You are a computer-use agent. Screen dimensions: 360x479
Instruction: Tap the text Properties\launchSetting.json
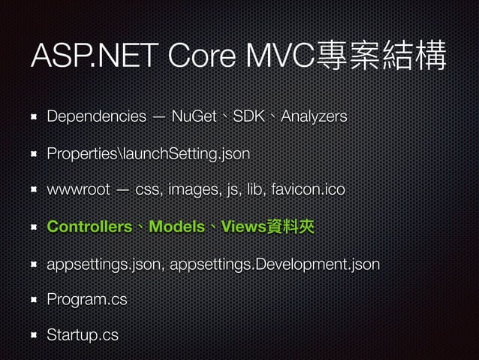tap(148, 153)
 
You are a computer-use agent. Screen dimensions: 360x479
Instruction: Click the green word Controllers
tap(89, 227)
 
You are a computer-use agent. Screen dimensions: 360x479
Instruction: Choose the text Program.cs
tap(86, 300)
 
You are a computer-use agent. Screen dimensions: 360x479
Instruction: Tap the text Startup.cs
tap(82, 335)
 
